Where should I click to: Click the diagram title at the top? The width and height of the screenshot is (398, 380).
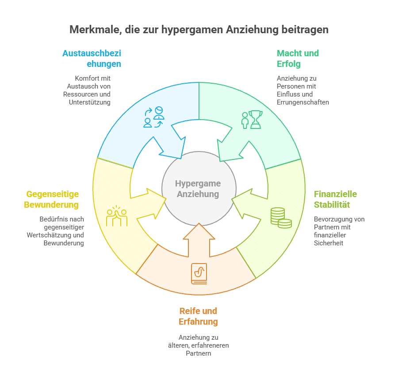coord(199,30)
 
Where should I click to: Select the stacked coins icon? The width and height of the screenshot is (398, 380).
coord(281,217)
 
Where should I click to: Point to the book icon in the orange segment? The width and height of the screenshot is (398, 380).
coord(199,273)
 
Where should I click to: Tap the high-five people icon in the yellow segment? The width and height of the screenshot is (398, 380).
coord(117,216)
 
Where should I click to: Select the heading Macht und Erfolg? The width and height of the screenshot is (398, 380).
coord(298,58)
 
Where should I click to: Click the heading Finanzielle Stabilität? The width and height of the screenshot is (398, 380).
coord(336,199)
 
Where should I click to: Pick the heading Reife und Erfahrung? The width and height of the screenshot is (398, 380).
coord(198,316)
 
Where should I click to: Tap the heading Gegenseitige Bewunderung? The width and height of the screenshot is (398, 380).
coord(53,199)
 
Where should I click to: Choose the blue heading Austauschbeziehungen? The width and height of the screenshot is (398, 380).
coord(92,58)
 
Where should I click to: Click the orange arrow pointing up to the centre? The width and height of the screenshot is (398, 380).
coord(199,241)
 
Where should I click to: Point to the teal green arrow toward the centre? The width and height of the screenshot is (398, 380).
coord(229,146)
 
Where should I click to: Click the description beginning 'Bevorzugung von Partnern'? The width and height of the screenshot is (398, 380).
coord(339,231)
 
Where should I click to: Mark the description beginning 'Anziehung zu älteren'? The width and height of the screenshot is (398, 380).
coord(198,345)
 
